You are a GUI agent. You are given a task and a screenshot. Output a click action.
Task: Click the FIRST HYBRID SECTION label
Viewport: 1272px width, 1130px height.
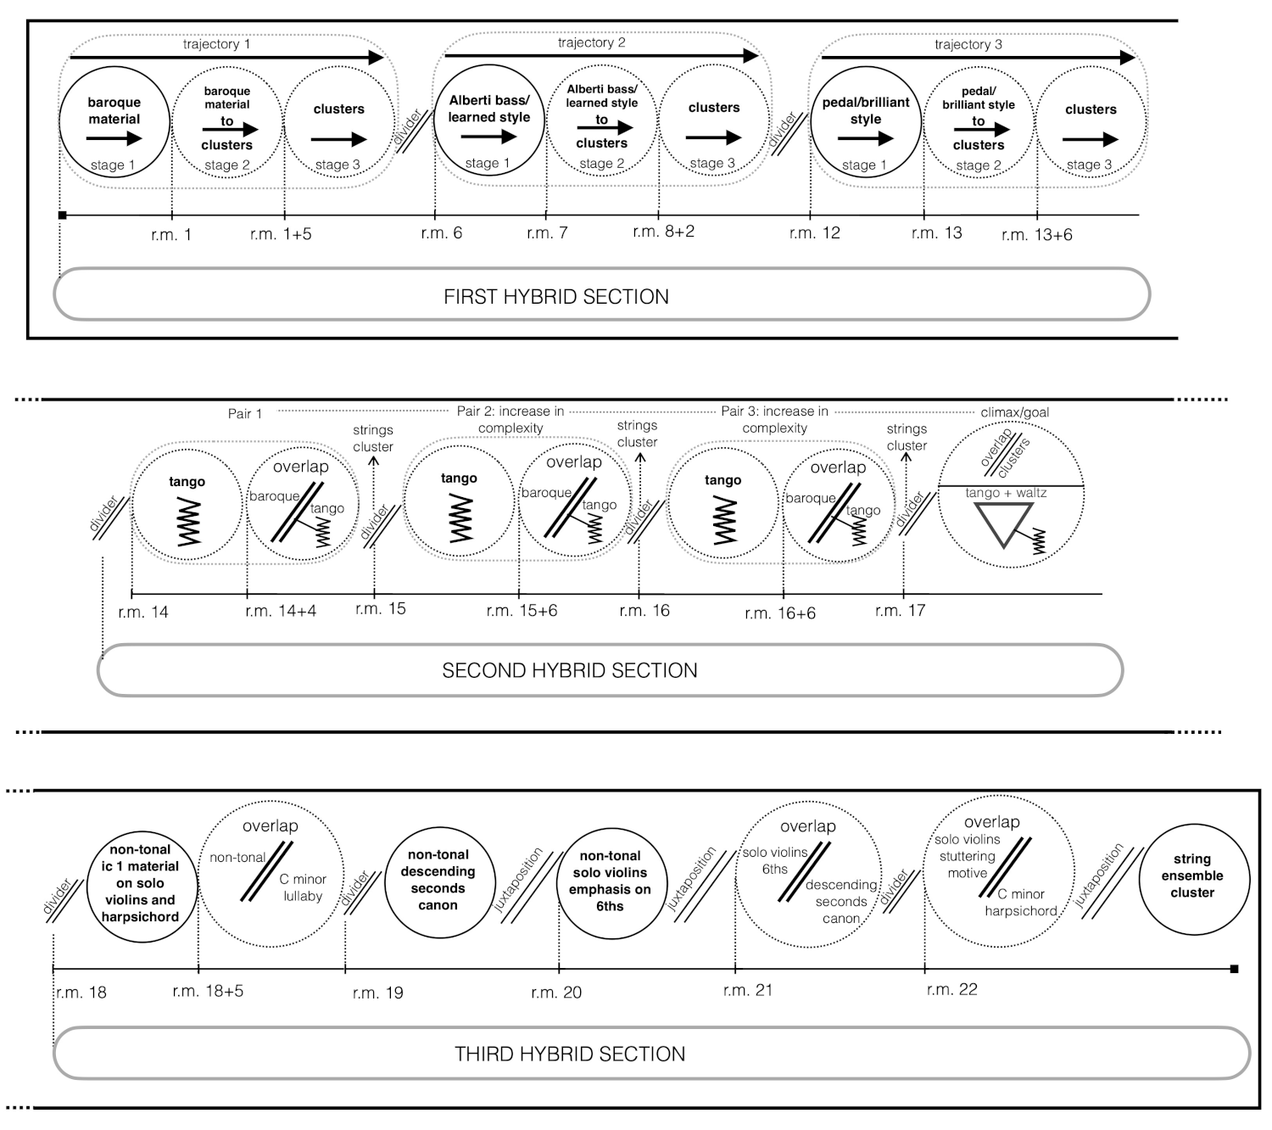pyautogui.click(x=556, y=297)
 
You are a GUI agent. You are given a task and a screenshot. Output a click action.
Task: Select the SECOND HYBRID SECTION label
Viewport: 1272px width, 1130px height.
pyautogui.click(x=570, y=670)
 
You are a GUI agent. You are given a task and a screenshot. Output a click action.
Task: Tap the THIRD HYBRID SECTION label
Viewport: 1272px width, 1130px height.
pyautogui.click(x=570, y=1054)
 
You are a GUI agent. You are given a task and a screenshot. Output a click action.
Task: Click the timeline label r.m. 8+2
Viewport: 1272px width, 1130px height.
pyautogui.click(x=663, y=232)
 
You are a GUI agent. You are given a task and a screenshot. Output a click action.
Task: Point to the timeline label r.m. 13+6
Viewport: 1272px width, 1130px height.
pyautogui.click(x=1036, y=235)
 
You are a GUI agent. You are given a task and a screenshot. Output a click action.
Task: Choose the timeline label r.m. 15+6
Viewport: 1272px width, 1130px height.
pyautogui.click(x=522, y=611)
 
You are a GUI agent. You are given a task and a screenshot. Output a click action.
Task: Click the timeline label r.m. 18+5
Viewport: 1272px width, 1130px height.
pyautogui.click(x=208, y=991)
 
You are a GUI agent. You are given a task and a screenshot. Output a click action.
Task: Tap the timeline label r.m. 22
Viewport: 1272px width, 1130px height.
pyautogui.click(x=951, y=989)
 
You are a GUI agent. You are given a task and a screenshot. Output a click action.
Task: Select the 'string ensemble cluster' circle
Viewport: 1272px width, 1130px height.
pyautogui.click(x=1192, y=876)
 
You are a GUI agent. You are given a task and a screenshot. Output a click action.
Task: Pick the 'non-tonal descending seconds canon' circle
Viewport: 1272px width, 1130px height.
pyautogui.click(x=438, y=880)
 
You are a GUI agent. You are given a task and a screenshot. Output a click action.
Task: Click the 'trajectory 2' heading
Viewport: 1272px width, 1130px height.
pyautogui.click(x=591, y=42)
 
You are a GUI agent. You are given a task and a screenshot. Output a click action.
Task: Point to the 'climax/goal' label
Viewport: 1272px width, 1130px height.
pyautogui.click(x=1014, y=412)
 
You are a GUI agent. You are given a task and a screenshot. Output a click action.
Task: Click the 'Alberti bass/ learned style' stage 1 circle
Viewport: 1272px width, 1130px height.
pyautogui.click(x=489, y=120)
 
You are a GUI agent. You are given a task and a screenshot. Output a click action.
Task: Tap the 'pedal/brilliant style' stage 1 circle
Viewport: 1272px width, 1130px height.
pyautogui.click(x=866, y=121)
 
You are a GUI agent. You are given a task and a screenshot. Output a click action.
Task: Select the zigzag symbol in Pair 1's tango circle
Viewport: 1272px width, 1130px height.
pyautogui.click(x=187, y=523)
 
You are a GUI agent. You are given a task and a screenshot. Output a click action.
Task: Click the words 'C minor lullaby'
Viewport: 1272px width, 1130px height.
pyautogui.click(x=303, y=887)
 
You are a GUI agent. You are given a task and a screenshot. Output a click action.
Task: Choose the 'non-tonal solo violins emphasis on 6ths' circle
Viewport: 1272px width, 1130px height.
pyautogui.click(x=610, y=882)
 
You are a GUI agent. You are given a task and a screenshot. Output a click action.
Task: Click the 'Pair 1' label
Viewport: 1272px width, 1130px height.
pyautogui.click(x=245, y=413)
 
